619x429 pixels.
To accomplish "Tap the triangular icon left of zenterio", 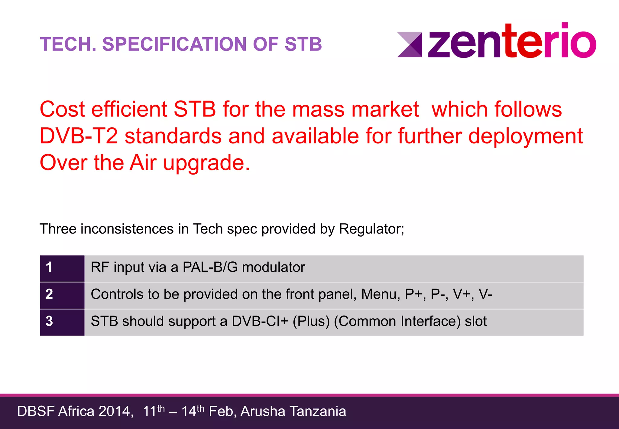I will tap(410, 45).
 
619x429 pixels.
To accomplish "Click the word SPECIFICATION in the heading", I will tap(175, 44).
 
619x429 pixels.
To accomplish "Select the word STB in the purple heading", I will tap(303, 44).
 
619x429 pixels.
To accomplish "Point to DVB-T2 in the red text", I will tap(79, 136).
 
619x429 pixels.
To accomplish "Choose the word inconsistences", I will tap(127, 229).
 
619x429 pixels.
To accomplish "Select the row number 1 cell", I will tap(62, 268).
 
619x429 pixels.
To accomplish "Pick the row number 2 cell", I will tap(62, 295).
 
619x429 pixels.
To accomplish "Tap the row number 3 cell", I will tap(62, 322).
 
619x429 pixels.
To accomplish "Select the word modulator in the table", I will tap(274, 267).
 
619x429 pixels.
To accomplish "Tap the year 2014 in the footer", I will tap(114, 411).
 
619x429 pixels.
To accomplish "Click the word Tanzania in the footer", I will tap(318, 411).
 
